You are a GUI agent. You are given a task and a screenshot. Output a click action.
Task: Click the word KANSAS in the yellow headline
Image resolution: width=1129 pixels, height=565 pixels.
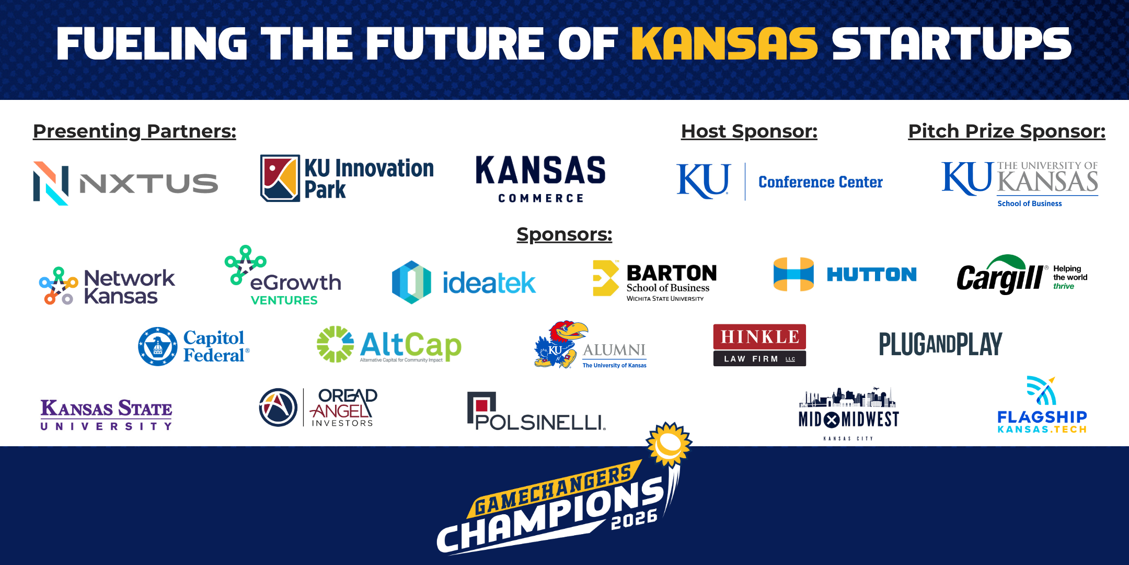point(724,44)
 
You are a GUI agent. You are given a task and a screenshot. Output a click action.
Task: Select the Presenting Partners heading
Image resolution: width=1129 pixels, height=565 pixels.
point(134,131)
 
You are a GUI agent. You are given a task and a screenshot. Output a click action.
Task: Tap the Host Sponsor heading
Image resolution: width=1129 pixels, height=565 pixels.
point(749,131)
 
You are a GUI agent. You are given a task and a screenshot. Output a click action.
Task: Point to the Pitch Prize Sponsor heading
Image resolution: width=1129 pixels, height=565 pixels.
point(1007,131)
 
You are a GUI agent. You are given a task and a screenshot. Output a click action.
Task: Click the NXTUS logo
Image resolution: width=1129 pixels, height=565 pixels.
point(125,183)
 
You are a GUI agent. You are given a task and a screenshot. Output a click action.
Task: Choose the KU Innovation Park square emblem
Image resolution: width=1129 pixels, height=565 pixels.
point(280,178)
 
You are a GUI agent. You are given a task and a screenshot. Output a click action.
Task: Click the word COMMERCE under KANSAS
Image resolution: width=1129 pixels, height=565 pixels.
point(540,198)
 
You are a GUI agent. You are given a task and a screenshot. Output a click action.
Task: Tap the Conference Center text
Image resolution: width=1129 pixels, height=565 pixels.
point(821,182)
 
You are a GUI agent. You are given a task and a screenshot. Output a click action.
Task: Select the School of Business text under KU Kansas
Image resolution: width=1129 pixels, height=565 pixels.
point(1029,204)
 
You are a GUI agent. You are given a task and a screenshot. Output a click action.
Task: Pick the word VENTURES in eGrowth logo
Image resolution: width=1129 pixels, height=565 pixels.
point(284,300)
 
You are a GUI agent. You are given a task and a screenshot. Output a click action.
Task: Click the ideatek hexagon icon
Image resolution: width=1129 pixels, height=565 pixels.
point(411,282)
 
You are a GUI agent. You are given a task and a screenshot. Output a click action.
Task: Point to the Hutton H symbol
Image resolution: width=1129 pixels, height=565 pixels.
point(793,274)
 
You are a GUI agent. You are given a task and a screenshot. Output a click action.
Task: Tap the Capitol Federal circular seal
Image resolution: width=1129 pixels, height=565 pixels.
point(157,346)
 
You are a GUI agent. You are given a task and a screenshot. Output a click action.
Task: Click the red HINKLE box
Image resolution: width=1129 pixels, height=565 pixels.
point(759,336)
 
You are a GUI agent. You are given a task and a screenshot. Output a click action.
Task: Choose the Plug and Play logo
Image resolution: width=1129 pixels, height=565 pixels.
point(940,344)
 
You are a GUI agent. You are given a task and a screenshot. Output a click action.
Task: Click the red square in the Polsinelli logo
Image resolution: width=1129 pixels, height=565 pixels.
point(482,404)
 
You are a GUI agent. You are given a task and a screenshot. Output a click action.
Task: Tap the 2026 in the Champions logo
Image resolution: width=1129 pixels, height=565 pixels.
point(634,519)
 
